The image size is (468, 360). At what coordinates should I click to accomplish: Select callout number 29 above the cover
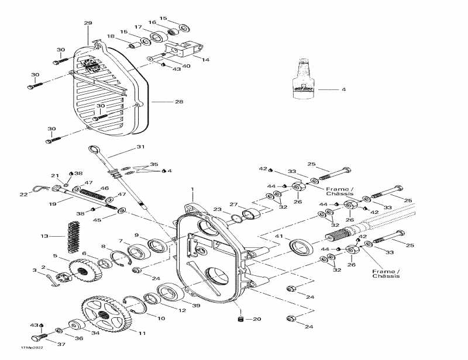88,23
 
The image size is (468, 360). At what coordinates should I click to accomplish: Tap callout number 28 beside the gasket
179,102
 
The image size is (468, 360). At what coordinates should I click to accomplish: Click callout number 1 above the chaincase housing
192,190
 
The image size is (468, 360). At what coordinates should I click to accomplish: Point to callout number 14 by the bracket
205,60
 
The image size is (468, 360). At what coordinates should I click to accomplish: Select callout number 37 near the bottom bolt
61,344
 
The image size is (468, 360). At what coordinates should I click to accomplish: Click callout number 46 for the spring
105,189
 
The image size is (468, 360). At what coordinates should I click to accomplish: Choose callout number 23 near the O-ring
218,209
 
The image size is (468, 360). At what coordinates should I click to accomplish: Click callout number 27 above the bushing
234,205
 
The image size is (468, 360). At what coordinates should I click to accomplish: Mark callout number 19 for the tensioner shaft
53,205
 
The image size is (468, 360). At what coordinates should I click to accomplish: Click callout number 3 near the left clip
34,270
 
